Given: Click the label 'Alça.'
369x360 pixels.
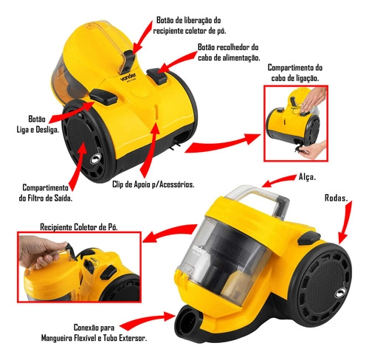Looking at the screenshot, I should coord(309,177).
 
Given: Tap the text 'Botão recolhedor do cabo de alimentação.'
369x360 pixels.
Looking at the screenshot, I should coord(228,52).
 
